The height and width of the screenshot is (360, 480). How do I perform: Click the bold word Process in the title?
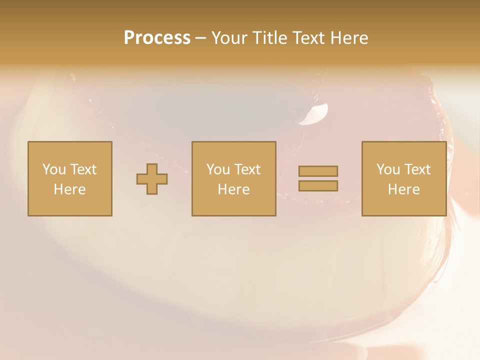coord(157,38)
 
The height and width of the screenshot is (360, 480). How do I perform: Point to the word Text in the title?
coord(310,38)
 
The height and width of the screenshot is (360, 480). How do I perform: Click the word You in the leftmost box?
coord(52,169)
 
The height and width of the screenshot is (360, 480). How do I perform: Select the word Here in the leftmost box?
coord(69,189)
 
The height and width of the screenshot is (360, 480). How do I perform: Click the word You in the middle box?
coord(217,169)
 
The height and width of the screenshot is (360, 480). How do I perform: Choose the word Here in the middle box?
coord(233,189)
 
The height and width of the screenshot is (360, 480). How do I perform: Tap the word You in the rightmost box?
coord(387,169)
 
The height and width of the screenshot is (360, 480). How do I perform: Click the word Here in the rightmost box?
coord(403,189)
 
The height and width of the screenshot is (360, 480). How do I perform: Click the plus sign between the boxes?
coord(152,179)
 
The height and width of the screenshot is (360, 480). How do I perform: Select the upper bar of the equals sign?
coord(318,171)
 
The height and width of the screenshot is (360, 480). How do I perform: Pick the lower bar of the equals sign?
coord(318,186)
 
